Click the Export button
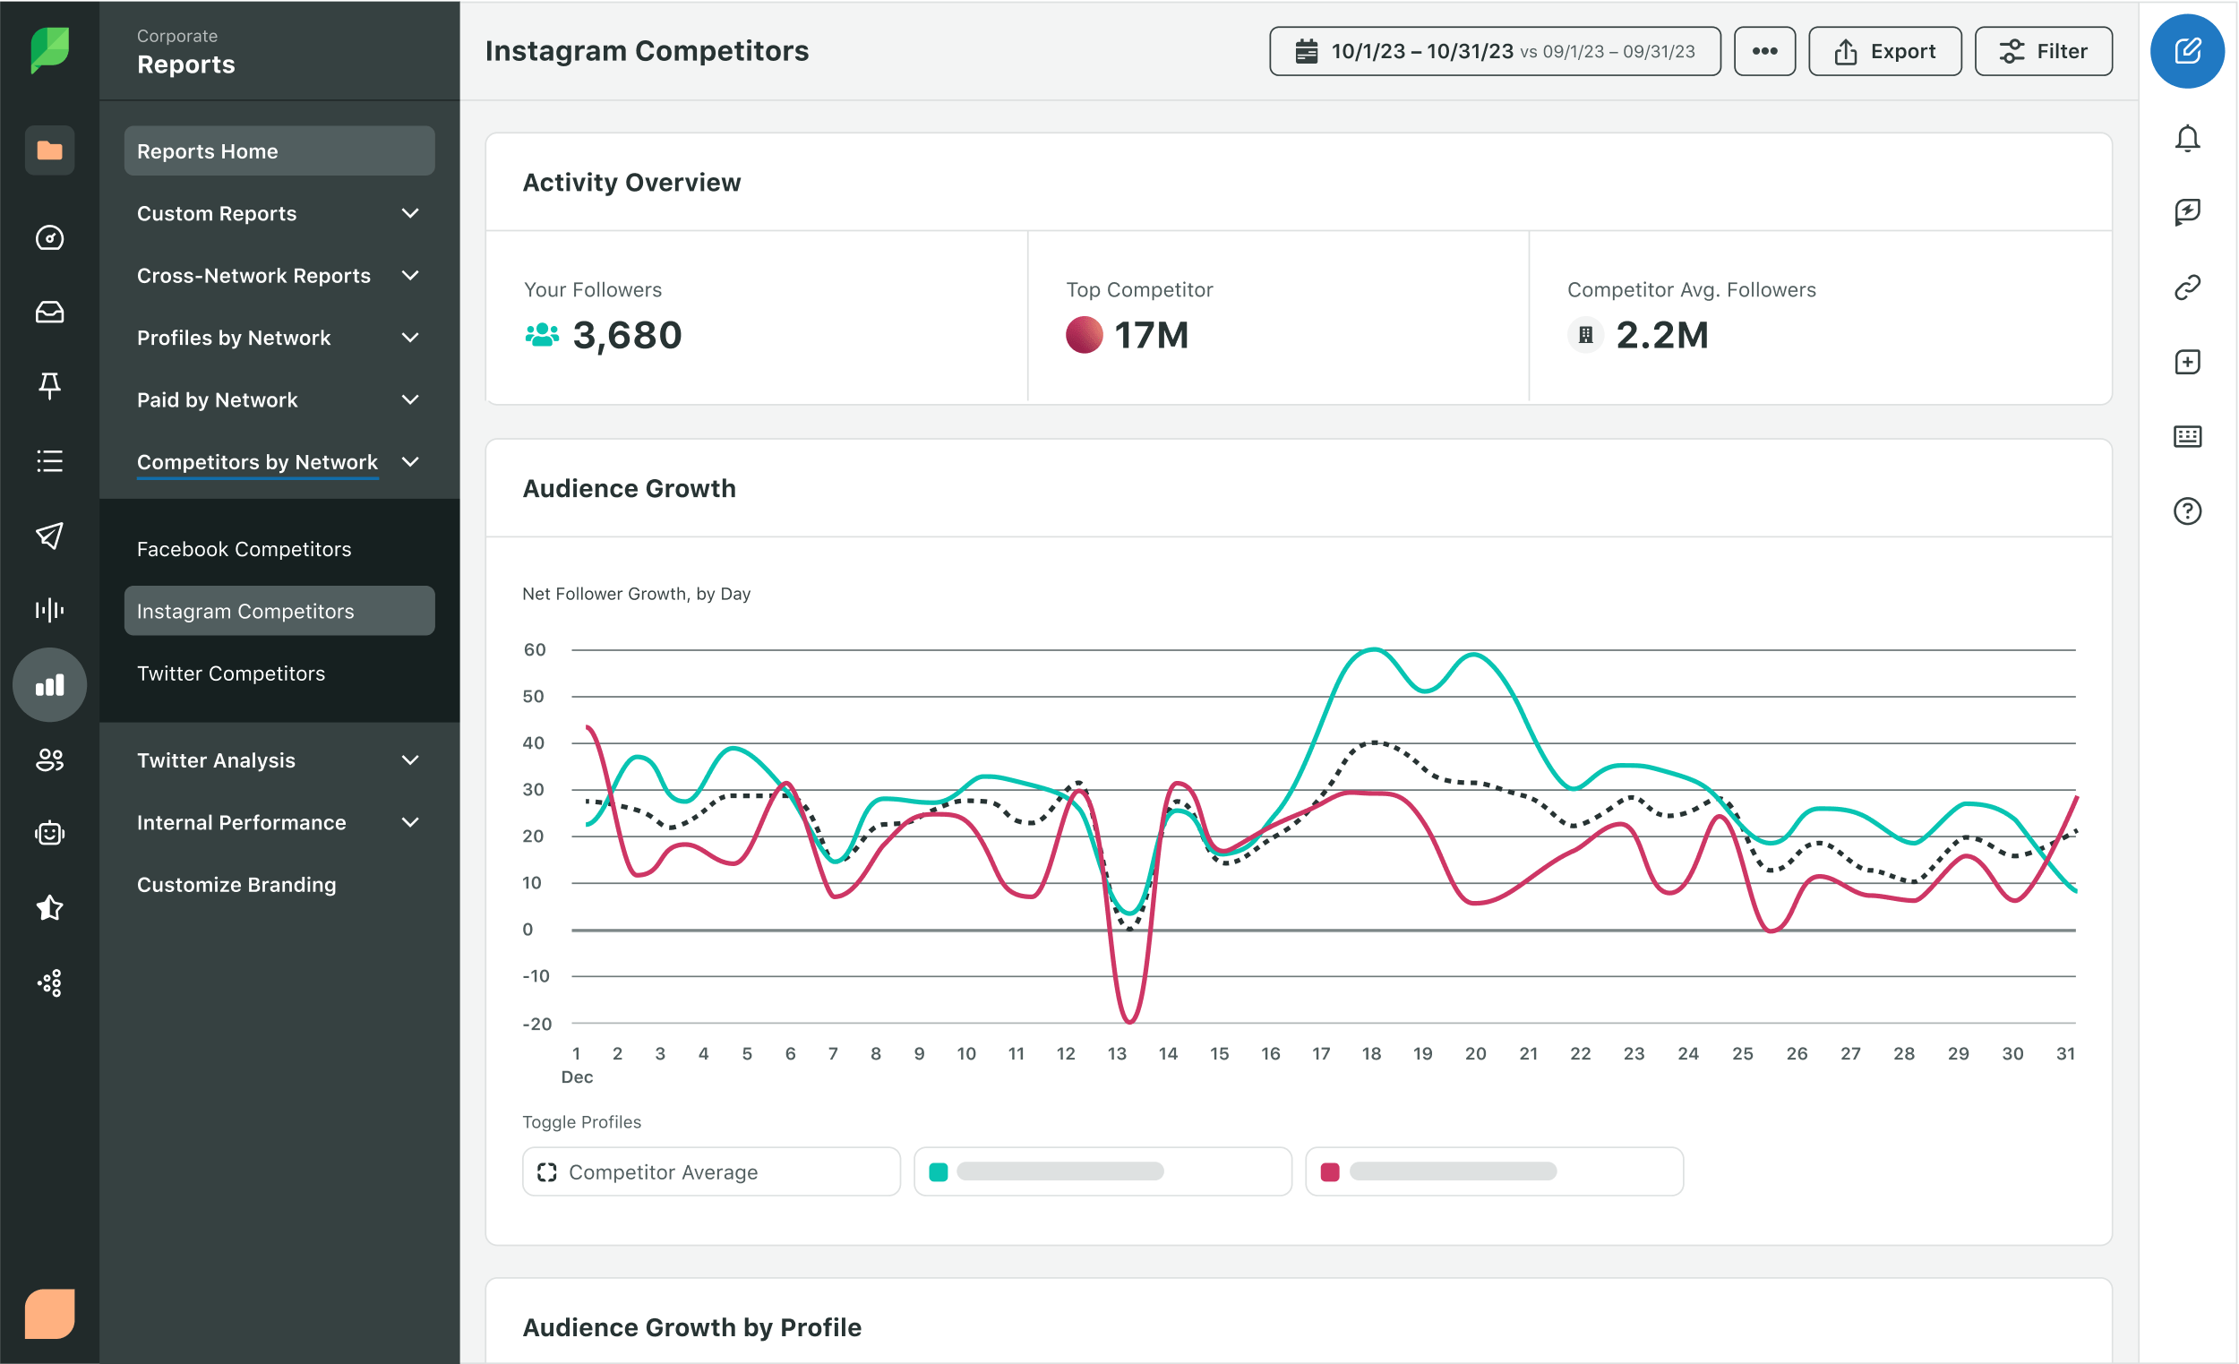1883,52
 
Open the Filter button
2043,52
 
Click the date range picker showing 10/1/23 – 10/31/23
1494,52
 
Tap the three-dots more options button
1763,52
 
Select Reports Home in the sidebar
279,150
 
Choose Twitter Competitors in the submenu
231,673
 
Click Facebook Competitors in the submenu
244,549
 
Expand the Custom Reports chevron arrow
411,213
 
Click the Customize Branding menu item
236,884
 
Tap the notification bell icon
2186,139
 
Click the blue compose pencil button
2186,52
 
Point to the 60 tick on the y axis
535,649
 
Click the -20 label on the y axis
536,1025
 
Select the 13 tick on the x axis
1116,1053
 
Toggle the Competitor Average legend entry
710,1171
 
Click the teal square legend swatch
939,1171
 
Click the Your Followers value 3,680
626,335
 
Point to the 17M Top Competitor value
1150,335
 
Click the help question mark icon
2186,511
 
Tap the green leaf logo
50,50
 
